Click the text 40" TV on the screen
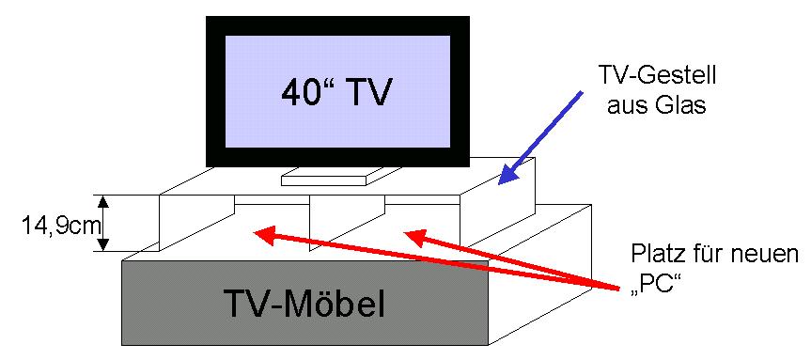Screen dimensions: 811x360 pyautogui.click(x=335, y=93)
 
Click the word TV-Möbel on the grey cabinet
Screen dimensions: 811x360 pyautogui.click(x=304, y=303)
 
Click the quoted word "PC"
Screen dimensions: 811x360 pyautogui.click(x=655, y=286)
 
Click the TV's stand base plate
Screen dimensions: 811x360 pyautogui.click(x=324, y=177)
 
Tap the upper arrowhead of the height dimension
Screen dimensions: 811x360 pyautogui.click(x=104, y=202)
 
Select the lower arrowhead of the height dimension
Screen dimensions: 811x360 pyautogui.click(x=104, y=244)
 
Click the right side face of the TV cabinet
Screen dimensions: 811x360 pyautogui.click(x=539, y=274)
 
